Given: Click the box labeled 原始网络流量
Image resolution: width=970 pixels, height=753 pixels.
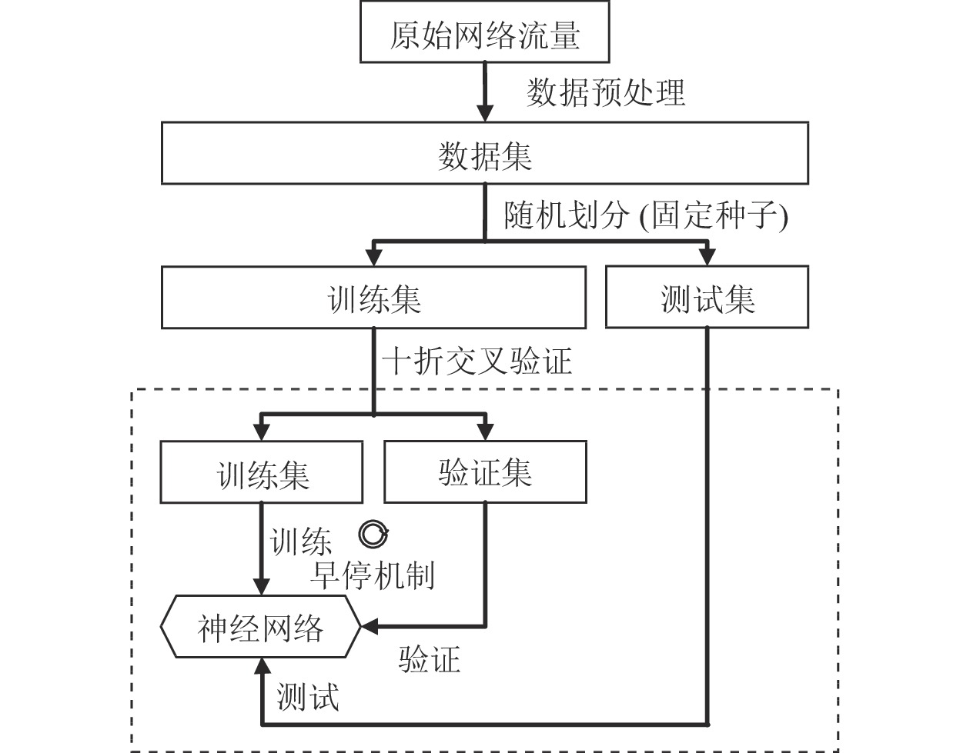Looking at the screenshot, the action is point(484,32).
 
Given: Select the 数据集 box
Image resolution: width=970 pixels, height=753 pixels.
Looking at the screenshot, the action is point(485,153).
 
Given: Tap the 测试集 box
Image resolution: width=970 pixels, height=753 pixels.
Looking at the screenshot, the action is point(707,297).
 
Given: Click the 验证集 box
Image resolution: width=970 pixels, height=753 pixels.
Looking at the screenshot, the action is point(485,471).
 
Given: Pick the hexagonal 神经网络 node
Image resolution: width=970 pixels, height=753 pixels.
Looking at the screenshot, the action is point(260,626).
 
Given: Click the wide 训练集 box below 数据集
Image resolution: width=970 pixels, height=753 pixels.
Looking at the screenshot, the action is point(373,298).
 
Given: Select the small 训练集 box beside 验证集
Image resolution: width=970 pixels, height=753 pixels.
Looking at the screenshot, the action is point(262,472).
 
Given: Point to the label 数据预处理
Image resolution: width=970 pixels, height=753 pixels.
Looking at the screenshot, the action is point(606,93).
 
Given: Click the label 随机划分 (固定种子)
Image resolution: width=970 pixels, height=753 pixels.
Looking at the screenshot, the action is point(646,216).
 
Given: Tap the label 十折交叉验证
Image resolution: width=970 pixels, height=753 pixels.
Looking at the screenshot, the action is point(477,362).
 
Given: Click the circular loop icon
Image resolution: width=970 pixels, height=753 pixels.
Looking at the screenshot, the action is point(373,534).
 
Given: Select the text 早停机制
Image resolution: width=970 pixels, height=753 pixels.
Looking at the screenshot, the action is point(372,575).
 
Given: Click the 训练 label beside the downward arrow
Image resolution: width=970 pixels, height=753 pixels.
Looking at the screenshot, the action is point(300,541).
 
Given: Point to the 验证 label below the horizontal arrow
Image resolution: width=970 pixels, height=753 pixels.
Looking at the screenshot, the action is point(429,660).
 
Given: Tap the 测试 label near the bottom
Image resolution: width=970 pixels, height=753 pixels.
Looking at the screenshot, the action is point(308,696).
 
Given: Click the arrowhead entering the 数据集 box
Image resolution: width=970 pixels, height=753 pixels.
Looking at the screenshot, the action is point(485,114).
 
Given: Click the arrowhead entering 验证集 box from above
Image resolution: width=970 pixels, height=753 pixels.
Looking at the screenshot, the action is point(485,432).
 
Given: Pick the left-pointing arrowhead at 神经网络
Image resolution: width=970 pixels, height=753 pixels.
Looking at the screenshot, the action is point(370,626).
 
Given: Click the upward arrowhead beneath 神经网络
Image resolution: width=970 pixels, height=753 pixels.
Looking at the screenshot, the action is point(262,667).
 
